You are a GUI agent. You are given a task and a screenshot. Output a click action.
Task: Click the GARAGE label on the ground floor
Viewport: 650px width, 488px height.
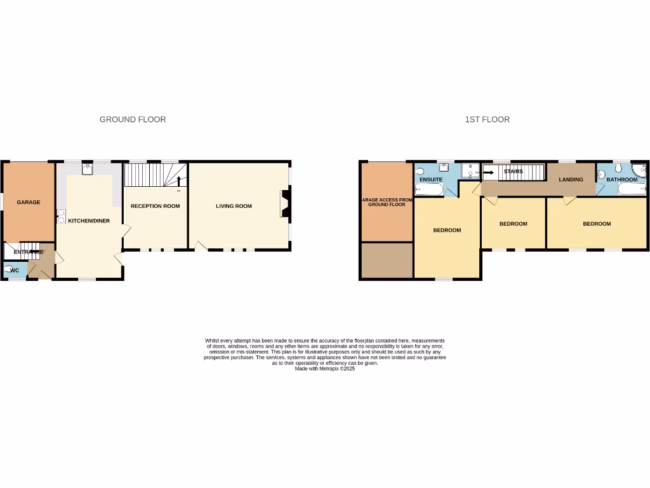(28, 202)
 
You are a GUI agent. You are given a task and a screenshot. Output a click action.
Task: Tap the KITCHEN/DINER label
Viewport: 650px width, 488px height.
(89, 220)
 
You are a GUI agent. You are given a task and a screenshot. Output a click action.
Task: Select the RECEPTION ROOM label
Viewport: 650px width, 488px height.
(155, 206)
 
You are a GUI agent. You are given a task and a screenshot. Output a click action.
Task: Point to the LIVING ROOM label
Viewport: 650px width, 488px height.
(234, 206)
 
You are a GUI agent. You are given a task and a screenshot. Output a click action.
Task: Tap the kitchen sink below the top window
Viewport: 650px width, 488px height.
(88, 168)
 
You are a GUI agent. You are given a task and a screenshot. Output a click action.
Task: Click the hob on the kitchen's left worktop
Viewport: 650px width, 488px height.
(61, 216)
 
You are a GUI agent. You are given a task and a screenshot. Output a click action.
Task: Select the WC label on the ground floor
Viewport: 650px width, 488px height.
(15, 271)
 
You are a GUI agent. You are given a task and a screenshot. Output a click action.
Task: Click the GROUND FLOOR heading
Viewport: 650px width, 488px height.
(133, 119)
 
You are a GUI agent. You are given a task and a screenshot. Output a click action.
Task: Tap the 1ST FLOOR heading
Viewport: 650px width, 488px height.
(487, 119)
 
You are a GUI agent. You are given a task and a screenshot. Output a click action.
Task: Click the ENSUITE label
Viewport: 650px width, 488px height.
(431, 180)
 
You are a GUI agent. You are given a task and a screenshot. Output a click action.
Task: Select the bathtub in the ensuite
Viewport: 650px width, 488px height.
(430, 189)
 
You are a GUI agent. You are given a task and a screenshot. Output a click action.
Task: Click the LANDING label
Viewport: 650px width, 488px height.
(571, 180)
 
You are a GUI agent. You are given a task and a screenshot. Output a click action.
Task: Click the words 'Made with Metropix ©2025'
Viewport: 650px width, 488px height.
(324, 369)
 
